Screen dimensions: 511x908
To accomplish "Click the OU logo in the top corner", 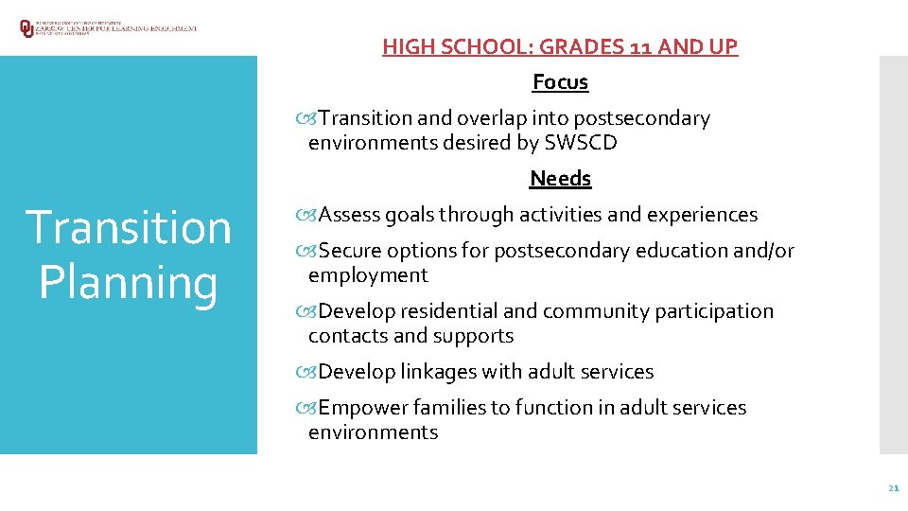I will [x=26, y=28].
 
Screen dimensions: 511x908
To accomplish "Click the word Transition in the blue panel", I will [x=128, y=228].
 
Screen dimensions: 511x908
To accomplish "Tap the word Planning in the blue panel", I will [x=128, y=282].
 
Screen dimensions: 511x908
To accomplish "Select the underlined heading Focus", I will [x=560, y=82].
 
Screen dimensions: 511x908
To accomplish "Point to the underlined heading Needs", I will [x=560, y=179].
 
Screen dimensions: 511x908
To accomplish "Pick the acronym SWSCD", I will [x=581, y=143].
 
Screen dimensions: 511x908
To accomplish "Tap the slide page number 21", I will [x=893, y=488].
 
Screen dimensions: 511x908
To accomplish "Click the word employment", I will [x=368, y=275].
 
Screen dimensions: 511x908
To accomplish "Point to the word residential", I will [x=449, y=311].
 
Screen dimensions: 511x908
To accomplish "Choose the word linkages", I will [x=439, y=372].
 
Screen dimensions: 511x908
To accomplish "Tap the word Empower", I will [x=358, y=408].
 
